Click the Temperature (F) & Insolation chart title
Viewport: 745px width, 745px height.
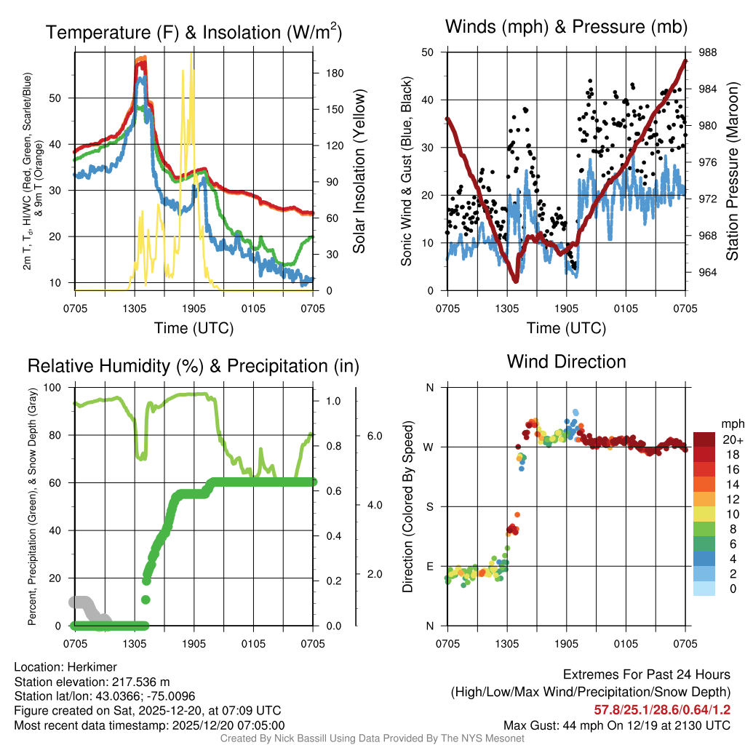[x=194, y=32]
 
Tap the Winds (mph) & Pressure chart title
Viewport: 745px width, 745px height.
[x=567, y=28]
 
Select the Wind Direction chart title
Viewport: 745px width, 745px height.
[x=566, y=362]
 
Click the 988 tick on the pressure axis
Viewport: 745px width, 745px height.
[x=706, y=52]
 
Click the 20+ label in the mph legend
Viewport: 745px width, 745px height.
[x=732, y=439]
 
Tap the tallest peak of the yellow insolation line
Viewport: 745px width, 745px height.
[x=191, y=55]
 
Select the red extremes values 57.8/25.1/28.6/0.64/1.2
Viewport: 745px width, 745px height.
[x=662, y=710]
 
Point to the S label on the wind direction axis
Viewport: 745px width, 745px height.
[x=429, y=506]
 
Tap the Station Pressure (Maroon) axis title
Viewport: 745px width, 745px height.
[x=733, y=172]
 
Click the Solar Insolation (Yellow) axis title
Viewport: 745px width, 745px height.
[x=358, y=172]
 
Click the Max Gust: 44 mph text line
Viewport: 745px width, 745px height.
[x=617, y=725]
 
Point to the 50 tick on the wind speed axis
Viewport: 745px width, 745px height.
[x=428, y=52]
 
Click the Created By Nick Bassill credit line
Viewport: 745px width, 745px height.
[x=372, y=738]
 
